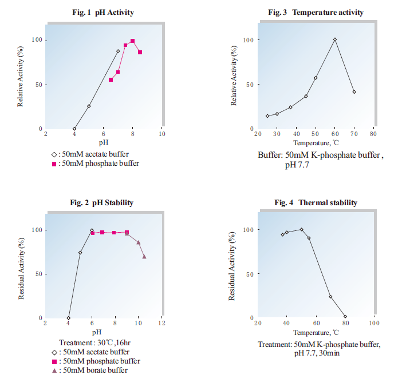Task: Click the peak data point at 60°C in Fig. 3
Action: point(335,40)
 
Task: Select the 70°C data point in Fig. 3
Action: point(354,92)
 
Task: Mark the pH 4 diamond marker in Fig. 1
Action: point(74,129)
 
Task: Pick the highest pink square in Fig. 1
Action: point(133,41)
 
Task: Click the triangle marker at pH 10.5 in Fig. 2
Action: point(144,257)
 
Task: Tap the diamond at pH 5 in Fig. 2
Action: point(80,253)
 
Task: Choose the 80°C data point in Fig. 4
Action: point(345,317)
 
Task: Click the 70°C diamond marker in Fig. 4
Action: point(330,297)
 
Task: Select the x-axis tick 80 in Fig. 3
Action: point(373,134)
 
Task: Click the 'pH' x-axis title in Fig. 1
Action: point(104,142)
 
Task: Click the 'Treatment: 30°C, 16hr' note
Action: point(96,342)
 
